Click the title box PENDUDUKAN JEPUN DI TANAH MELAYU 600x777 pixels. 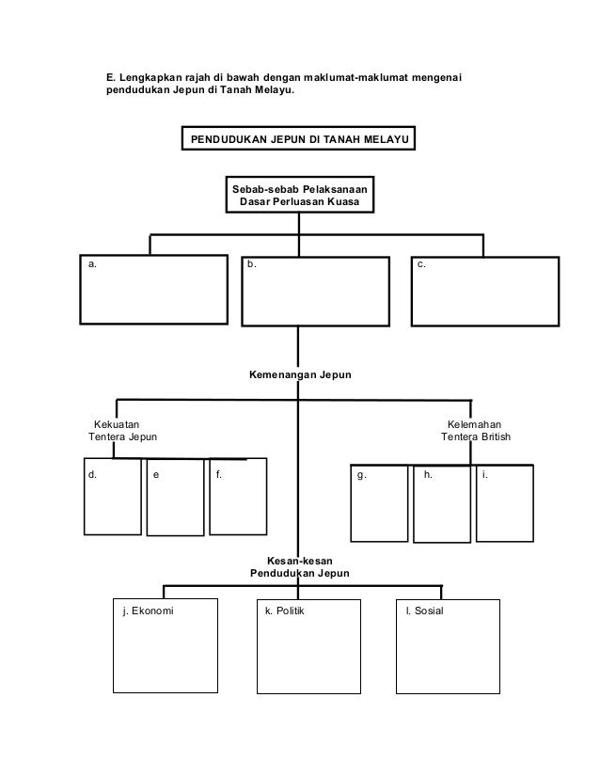299,140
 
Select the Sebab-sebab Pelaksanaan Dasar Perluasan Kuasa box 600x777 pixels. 299,195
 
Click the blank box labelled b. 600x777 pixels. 315,291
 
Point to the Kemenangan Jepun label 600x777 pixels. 299,374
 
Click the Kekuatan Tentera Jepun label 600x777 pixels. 122,431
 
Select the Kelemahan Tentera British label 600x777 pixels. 476,431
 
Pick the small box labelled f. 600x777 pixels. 237,496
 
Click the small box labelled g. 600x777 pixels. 379,500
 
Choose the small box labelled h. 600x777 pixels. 441,503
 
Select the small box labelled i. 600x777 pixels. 505,501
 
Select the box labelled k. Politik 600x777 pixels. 302,646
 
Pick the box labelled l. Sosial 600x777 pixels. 443,646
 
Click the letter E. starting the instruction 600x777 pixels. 109,75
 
